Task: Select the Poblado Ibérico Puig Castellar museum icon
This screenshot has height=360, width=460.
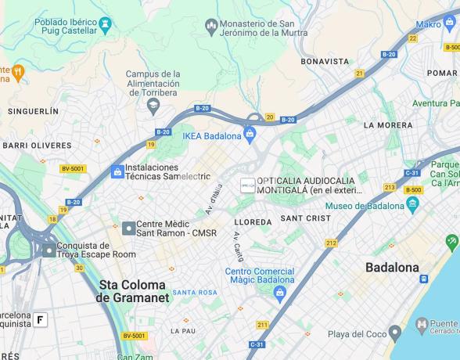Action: (x=104, y=29)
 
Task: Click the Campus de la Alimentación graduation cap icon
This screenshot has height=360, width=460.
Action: (x=153, y=104)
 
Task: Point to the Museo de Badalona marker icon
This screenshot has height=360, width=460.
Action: (x=413, y=206)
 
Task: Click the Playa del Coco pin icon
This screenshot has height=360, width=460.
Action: (x=395, y=334)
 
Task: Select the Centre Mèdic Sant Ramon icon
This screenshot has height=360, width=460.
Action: (x=128, y=228)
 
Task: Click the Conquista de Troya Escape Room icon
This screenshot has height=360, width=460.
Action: (x=49, y=250)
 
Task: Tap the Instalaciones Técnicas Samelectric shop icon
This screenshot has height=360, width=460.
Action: (x=117, y=171)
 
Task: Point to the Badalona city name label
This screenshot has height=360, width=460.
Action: (x=392, y=268)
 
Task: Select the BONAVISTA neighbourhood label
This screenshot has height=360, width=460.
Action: (x=325, y=61)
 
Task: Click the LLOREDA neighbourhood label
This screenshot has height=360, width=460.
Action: (x=253, y=222)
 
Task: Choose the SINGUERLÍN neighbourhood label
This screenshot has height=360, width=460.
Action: (x=33, y=112)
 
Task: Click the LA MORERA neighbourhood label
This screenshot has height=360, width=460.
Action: (x=388, y=125)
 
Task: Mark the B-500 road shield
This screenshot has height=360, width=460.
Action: (x=414, y=189)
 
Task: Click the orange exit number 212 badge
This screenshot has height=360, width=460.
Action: (x=332, y=243)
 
